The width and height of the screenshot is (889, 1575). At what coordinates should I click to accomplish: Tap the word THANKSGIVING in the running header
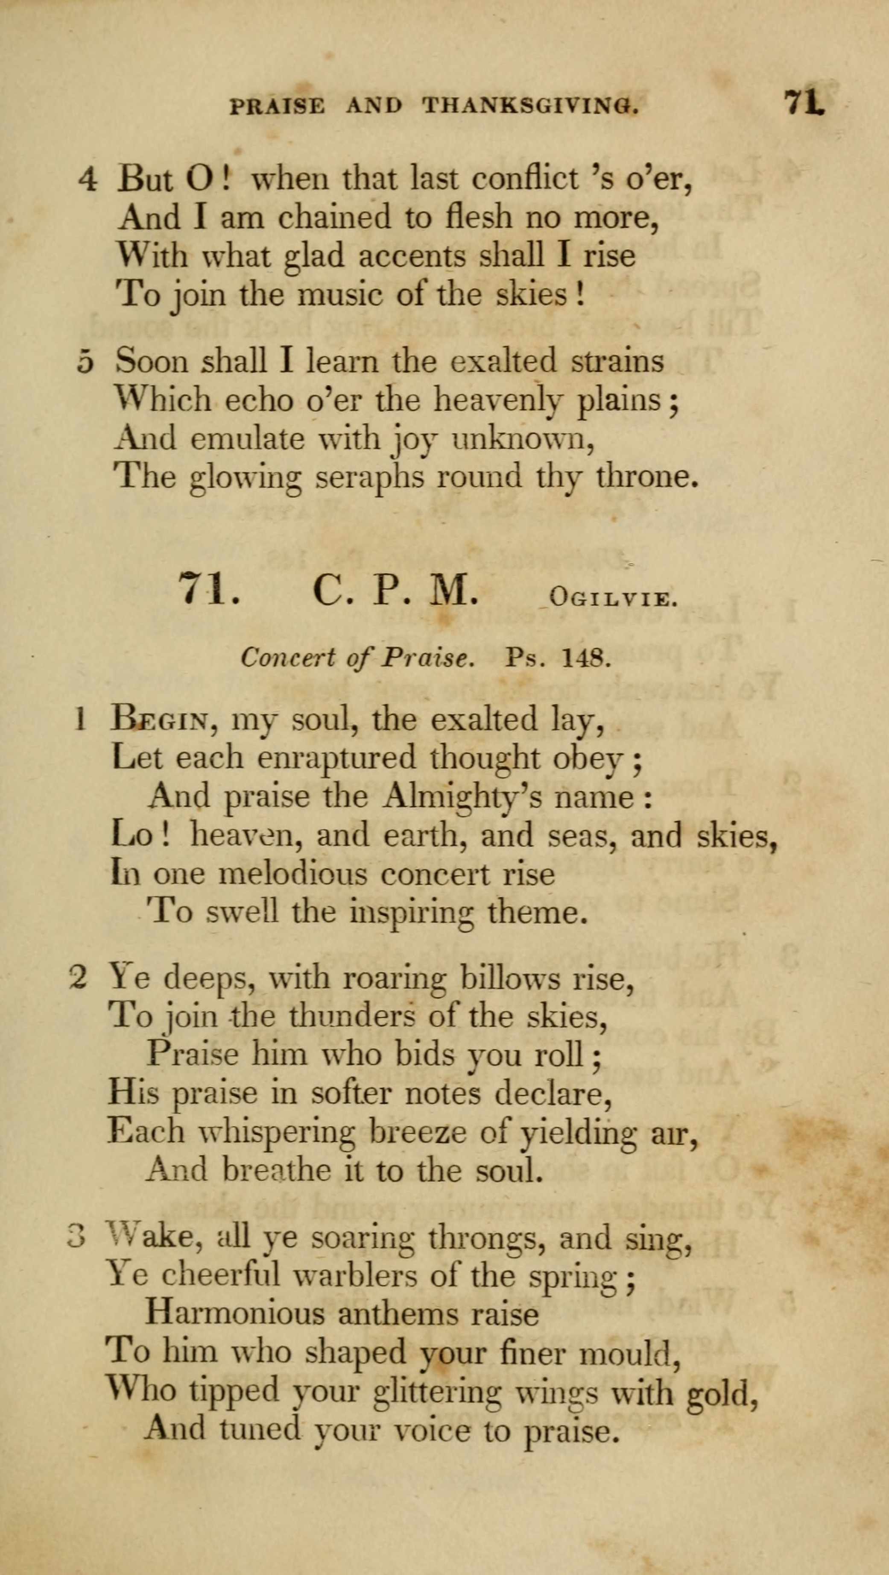click(x=531, y=106)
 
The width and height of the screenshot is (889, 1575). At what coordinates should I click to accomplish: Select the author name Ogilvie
click(x=613, y=597)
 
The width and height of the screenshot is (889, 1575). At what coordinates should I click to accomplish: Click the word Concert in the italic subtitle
click(x=287, y=658)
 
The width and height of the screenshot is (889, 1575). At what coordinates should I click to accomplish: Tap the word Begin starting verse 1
click(x=161, y=720)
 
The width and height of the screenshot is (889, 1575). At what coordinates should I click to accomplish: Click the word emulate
click(x=247, y=438)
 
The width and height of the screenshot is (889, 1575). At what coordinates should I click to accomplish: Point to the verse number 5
click(x=86, y=362)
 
